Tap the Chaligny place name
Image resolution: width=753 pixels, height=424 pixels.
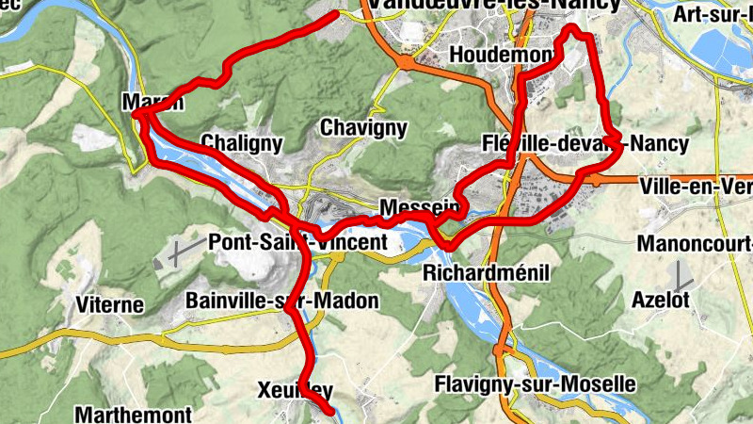(x=242, y=144)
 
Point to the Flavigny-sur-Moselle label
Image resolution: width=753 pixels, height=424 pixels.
(x=535, y=385)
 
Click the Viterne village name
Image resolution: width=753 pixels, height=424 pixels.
(x=110, y=304)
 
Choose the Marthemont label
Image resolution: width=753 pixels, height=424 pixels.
(x=133, y=414)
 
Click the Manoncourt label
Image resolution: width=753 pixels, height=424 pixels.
(x=695, y=244)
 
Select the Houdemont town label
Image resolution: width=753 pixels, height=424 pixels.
(x=498, y=56)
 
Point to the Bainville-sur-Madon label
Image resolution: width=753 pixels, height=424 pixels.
(x=282, y=302)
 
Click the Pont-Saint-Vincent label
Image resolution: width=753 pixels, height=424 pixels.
(x=296, y=242)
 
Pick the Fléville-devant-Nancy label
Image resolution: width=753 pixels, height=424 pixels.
(x=584, y=144)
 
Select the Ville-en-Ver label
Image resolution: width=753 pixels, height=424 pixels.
(x=696, y=187)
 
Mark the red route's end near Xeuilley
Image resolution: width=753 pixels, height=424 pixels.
(x=329, y=412)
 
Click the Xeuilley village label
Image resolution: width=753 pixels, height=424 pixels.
(x=296, y=390)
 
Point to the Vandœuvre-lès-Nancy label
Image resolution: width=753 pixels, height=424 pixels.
(x=495, y=6)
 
